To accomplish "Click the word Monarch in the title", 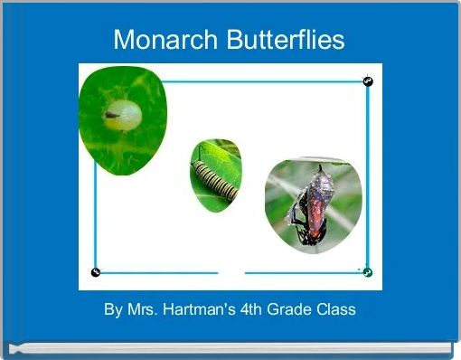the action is [165, 40].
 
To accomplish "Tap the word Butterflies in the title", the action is [286, 39].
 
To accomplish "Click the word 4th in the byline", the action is [251, 309].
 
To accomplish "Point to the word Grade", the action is [286, 309].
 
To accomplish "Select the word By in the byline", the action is [113, 310].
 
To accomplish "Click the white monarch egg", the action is [123, 115].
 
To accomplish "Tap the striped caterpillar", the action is [215, 181].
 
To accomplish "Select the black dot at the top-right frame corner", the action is [368, 81].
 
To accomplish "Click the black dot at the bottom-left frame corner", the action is [96, 272].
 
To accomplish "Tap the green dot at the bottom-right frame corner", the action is [368, 272].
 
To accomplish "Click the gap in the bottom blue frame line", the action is [231, 273].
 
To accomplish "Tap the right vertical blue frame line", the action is [368, 177].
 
